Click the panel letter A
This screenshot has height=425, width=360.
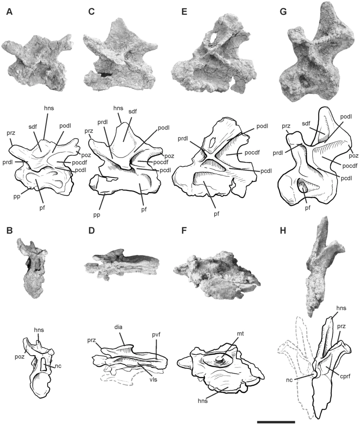coord(9,12)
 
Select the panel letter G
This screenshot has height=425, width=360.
coord(283,12)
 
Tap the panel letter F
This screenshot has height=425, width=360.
coord(184,231)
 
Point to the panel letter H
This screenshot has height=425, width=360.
coord(283,231)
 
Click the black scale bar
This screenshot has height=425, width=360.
coord(276,422)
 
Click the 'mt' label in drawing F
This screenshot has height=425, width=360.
coord(240,334)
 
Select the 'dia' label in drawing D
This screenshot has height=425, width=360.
coord(118,327)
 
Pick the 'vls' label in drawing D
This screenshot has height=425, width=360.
coord(153,380)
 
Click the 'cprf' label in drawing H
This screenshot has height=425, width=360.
coord(345,376)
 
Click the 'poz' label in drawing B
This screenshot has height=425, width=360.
coord(20,357)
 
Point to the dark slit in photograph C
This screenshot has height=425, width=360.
coord(104,74)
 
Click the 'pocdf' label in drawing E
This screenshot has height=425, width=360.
coord(252,152)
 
